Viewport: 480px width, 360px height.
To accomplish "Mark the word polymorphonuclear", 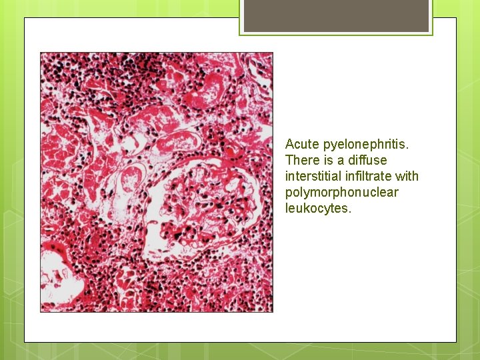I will tap(341, 193).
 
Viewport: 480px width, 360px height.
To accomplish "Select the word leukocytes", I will tap(316, 208).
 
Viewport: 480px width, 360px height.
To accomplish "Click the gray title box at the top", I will tap(336, 16).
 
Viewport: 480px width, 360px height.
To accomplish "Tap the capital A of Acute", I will tap(289, 144).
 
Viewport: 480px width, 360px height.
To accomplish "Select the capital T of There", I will tap(289, 160).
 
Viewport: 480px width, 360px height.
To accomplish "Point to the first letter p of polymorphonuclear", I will tap(289, 193).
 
